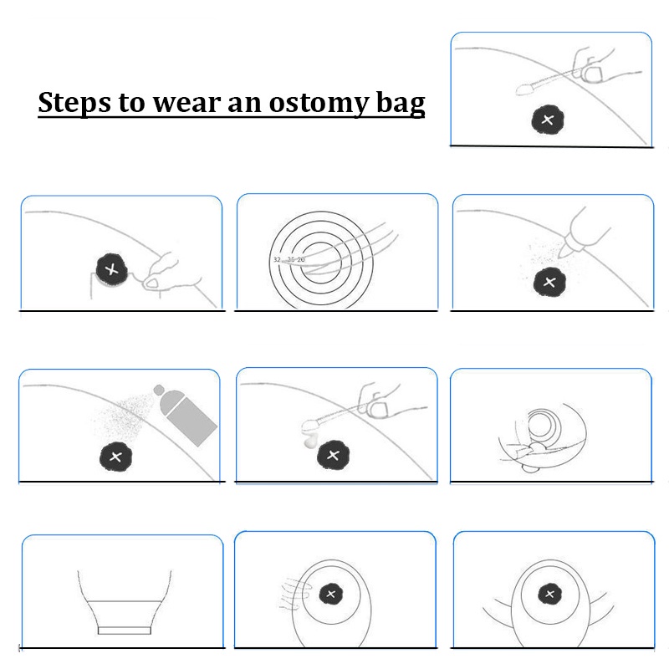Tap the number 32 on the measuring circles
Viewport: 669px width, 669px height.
click(x=277, y=260)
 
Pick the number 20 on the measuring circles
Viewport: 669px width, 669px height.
click(x=301, y=260)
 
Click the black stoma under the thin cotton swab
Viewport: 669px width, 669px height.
click(x=548, y=119)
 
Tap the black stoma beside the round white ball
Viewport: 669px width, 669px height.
click(x=333, y=456)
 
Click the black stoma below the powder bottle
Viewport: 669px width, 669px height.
click(x=549, y=282)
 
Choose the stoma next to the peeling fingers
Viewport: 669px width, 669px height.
click(x=109, y=268)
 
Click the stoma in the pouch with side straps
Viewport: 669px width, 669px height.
click(x=549, y=595)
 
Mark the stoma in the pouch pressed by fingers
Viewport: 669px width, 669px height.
click(x=332, y=595)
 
